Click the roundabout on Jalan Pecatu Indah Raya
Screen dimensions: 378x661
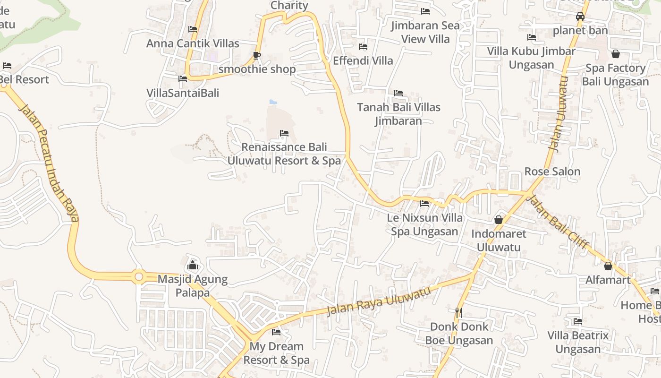tap(139, 276)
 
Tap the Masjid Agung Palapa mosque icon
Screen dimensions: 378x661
tap(193, 265)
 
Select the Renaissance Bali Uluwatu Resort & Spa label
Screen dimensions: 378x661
tap(284, 154)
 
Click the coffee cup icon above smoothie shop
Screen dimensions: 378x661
tap(257, 56)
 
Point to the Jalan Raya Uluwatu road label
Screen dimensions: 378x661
tap(380, 301)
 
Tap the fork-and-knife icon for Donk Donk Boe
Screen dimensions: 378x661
tap(458, 312)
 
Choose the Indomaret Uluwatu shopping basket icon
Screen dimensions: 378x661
tap(499, 220)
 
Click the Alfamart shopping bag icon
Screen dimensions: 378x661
tap(608, 266)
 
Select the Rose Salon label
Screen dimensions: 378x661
tap(552, 172)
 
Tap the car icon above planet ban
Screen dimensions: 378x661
tap(580, 17)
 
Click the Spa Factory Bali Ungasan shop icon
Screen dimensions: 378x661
tap(615, 54)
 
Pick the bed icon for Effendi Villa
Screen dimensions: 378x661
tap(363, 47)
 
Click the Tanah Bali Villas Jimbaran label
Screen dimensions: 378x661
tap(398, 114)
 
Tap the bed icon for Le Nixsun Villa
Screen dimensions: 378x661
tap(424, 204)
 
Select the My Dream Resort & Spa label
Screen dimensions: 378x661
tap(277, 353)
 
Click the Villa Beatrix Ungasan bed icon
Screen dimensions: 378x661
tap(578, 322)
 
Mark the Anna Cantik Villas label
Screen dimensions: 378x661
tap(193, 43)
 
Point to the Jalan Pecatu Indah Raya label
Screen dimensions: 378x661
tap(49, 163)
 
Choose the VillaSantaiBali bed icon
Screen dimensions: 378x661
tap(183, 79)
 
